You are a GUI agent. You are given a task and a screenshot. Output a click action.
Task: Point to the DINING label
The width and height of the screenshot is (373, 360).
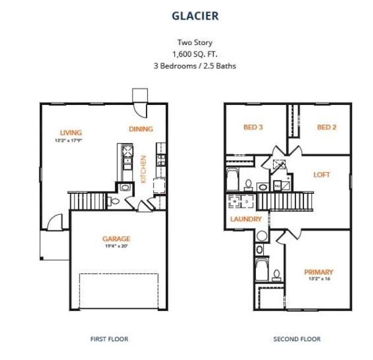141,128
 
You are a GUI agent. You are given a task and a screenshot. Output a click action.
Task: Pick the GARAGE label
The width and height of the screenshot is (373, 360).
116,238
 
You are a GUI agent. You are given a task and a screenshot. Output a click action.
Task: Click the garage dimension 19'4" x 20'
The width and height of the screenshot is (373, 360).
116,246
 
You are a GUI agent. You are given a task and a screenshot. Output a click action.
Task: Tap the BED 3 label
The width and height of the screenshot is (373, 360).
253,127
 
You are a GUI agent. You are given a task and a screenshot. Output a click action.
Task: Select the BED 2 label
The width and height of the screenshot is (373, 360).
326,127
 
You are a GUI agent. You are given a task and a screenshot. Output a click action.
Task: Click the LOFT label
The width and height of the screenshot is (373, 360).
321,175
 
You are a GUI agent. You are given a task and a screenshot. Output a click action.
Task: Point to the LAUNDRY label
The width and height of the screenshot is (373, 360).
246,219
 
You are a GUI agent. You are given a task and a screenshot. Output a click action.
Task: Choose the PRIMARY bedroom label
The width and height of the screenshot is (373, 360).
318,271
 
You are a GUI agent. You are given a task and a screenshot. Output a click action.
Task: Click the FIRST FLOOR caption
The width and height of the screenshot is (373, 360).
109,339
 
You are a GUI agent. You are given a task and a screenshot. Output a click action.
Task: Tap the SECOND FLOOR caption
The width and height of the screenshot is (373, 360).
297,339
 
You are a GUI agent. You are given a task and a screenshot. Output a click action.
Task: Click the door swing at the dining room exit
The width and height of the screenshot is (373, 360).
139,108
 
